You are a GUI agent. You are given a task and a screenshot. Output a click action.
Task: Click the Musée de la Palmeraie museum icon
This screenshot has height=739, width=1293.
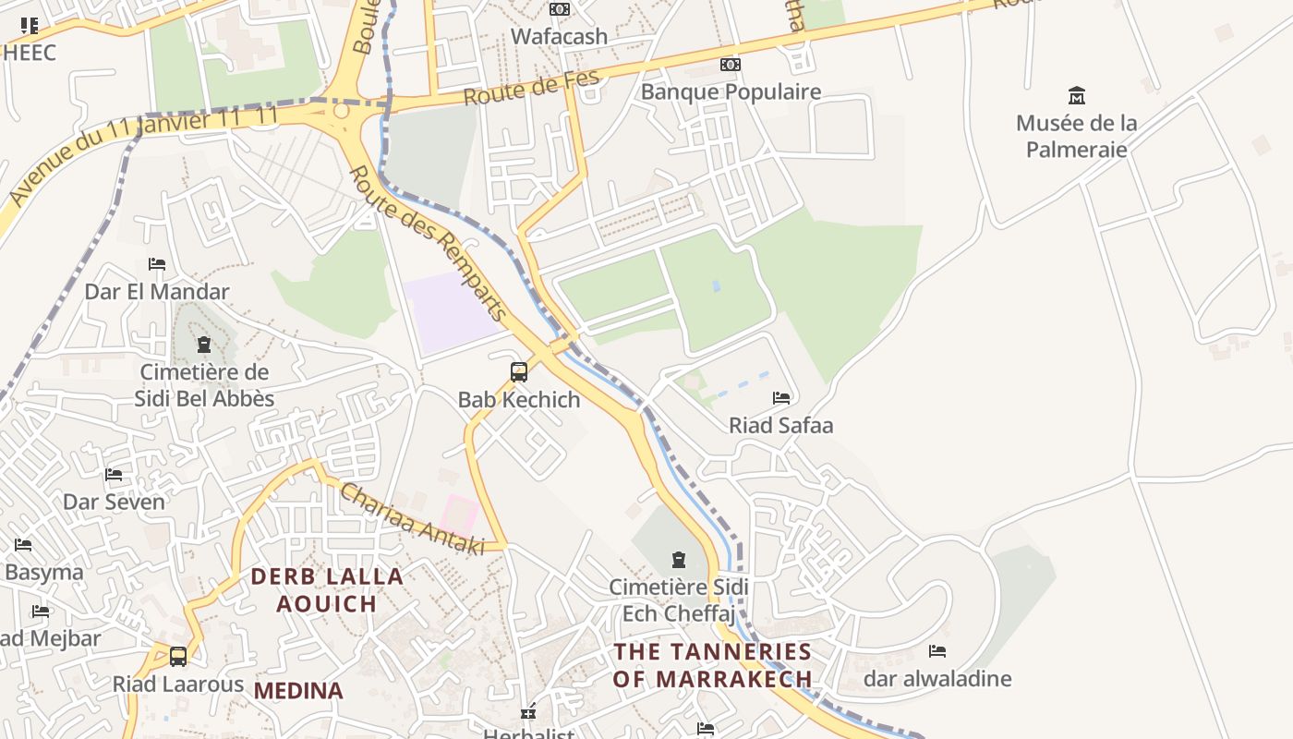coord(1076,95)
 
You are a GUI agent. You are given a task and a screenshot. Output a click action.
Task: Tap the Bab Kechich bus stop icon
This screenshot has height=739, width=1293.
coord(519,372)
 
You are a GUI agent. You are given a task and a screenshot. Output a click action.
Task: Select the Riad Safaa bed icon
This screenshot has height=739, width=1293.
coord(781,398)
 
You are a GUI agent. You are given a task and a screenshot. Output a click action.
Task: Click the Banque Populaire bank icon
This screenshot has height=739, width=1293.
coord(731,65)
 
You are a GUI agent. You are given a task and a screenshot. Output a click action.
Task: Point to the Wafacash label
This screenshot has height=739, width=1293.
coord(560,37)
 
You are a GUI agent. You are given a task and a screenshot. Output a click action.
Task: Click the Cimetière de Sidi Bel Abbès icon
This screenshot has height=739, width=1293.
coord(203,345)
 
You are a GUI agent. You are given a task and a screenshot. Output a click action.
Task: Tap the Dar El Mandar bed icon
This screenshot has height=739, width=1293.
coord(157,264)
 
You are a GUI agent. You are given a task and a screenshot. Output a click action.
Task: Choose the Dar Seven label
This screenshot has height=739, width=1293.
coord(114,503)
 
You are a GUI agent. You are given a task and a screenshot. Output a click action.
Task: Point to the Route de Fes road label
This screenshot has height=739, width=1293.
coord(531,88)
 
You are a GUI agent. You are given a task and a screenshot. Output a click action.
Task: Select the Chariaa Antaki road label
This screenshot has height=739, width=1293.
coord(412,519)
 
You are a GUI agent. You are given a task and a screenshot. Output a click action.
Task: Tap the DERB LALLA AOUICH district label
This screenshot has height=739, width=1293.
coord(327,590)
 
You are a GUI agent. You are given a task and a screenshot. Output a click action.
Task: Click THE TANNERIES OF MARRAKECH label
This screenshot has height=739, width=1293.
coord(712,665)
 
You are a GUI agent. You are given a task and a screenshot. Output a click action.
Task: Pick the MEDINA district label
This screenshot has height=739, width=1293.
coord(298,691)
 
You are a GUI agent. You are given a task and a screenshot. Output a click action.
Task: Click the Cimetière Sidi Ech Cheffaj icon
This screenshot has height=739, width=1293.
coord(679,559)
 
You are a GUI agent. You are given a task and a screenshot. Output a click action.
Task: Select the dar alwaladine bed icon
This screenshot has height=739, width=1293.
coord(937,651)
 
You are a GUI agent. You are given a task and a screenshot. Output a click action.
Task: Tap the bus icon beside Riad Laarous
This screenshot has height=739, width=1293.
coord(178,657)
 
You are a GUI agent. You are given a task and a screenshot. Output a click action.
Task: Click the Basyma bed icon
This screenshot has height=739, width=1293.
coord(23,545)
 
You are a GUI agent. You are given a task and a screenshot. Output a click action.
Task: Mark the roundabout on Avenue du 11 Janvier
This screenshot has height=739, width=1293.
coord(342,111)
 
